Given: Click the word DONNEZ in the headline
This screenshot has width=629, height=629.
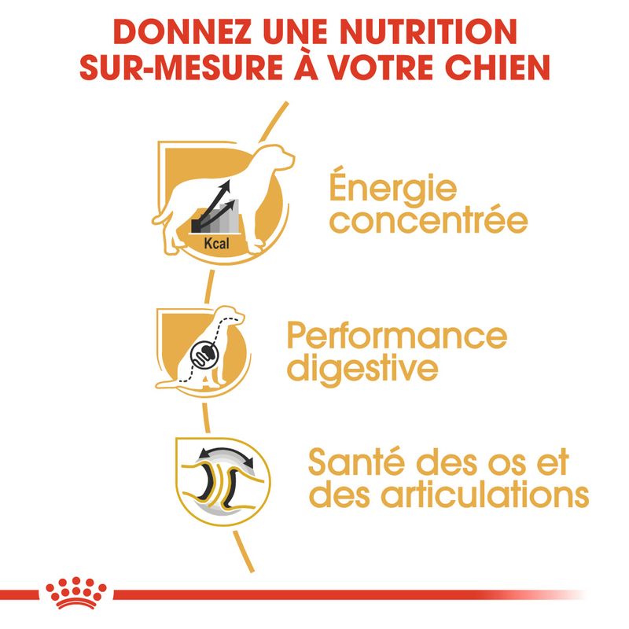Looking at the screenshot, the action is [182, 31].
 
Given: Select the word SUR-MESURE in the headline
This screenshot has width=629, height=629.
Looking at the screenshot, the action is [182, 67].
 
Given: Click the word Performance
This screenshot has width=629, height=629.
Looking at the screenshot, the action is [397, 336].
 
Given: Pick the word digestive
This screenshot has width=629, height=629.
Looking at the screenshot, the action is [362, 368].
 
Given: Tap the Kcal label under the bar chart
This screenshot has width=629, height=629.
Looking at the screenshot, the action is [217, 243].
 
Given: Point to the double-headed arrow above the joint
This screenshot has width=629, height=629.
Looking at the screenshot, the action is [226, 454].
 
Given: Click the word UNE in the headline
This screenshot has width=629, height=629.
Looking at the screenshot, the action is [296, 31].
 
